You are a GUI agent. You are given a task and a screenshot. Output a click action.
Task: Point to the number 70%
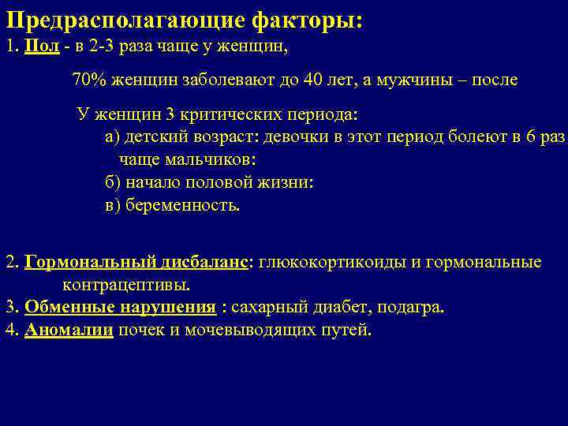click(88, 80)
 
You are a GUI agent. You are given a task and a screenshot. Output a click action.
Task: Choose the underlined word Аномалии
click(69, 330)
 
